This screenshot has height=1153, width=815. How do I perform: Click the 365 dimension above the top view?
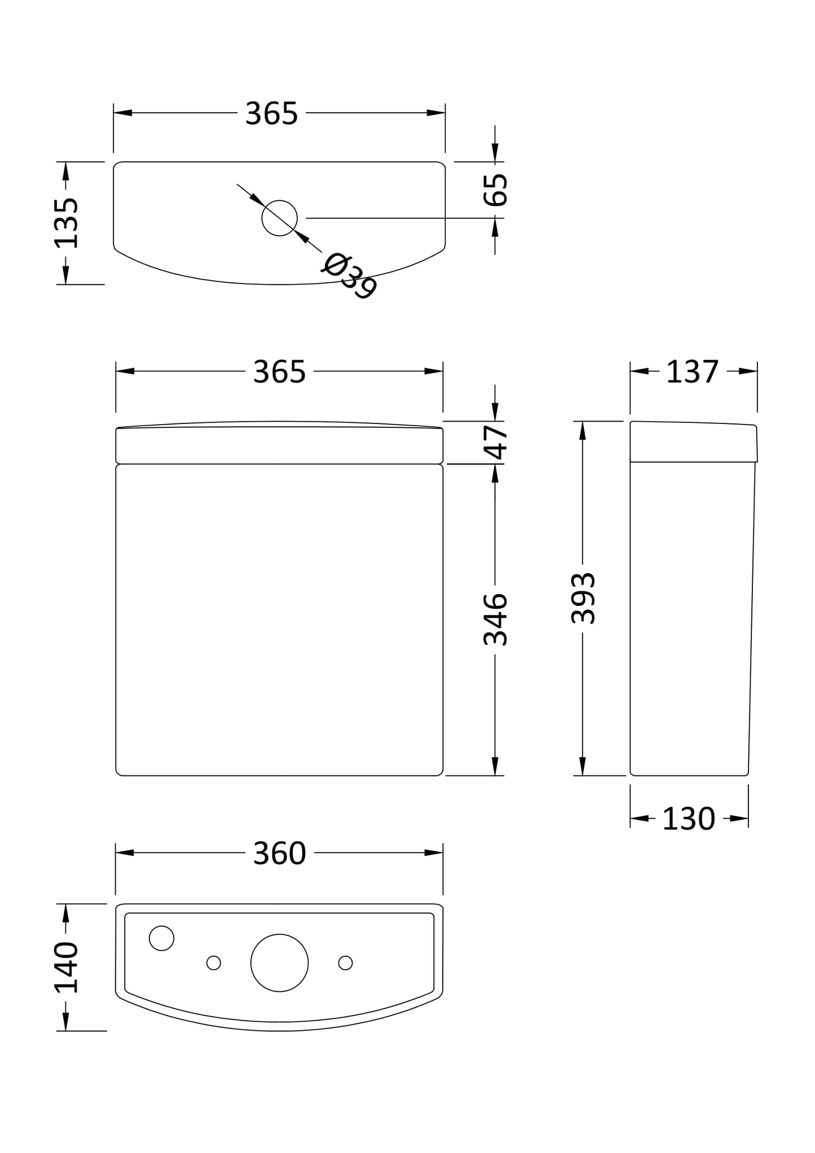point(271,114)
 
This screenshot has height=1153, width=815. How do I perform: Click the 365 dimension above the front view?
point(279,372)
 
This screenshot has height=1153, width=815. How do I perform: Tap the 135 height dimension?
point(67,223)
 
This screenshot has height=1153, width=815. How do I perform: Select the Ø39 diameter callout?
point(349,276)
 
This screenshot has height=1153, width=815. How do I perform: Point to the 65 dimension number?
point(496,190)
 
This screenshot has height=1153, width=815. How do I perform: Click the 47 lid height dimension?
point(496,443)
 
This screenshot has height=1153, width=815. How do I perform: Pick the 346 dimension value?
point(496,619)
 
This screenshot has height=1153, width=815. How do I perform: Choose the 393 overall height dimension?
point(583,598)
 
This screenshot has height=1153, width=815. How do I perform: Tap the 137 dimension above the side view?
point(692,372)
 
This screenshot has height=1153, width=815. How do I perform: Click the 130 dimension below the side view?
point(688,819)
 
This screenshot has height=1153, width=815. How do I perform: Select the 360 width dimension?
point(279,854)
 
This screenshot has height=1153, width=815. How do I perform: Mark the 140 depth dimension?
point(67,968)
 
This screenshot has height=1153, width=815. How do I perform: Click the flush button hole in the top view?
point(279,218)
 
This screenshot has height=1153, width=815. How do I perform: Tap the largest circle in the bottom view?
point(279,962)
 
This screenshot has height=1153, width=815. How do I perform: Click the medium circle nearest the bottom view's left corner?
point(161,938)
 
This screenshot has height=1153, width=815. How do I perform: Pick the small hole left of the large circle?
point(214,962)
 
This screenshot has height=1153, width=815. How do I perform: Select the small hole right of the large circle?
point(345,962)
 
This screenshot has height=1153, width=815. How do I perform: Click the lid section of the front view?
point(279,445)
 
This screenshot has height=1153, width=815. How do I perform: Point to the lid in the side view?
point(693,443)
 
